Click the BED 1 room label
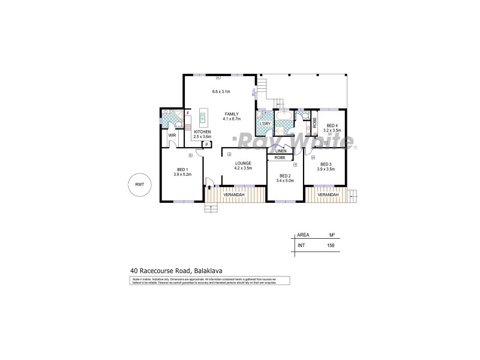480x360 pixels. (182, 169)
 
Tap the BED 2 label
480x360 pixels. (285, 175)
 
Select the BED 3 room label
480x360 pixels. (326, 164)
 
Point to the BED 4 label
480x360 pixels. (332, 125)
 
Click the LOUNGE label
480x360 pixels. (242, 163)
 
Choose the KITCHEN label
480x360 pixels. (202, 131)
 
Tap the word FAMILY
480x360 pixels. (232, 114)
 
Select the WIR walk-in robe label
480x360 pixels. (172, 136)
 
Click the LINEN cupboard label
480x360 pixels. (281, 151)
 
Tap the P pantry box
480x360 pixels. (206, 144)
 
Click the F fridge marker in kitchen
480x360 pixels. (188, 113)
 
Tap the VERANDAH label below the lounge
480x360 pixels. (233, 195)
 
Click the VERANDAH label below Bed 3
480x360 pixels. (328, 195)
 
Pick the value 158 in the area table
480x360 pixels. (329, 245)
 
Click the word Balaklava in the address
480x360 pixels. (214, 271)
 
